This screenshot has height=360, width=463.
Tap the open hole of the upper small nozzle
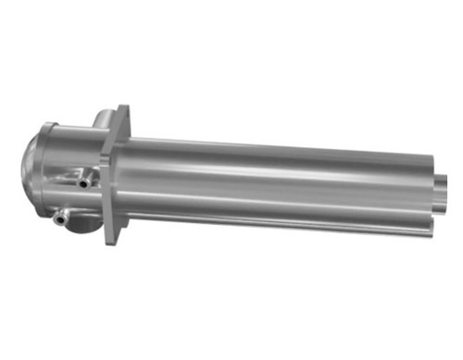[82, 182]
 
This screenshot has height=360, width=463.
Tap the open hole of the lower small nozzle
[58, 219]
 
